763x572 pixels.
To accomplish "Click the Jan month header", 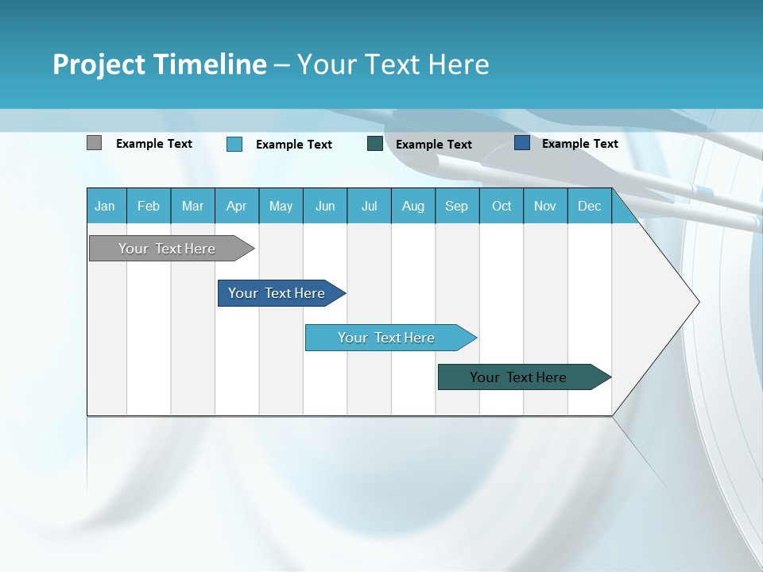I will (106, 207).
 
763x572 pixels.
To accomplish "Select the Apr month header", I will (236, 207).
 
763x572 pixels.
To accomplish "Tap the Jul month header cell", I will (369, 207).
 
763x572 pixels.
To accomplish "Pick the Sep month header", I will (456, 207).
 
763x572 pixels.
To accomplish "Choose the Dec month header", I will (589, 207).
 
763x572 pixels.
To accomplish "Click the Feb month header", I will (149, 207).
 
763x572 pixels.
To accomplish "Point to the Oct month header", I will (502, 207).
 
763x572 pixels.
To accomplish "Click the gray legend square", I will (94, 143).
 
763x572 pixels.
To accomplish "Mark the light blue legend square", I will (234, 144).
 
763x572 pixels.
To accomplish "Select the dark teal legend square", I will (375, 144).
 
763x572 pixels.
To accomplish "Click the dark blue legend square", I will (522, 143).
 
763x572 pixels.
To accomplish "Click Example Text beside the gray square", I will (154, 144).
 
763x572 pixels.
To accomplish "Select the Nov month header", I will (545, 207).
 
